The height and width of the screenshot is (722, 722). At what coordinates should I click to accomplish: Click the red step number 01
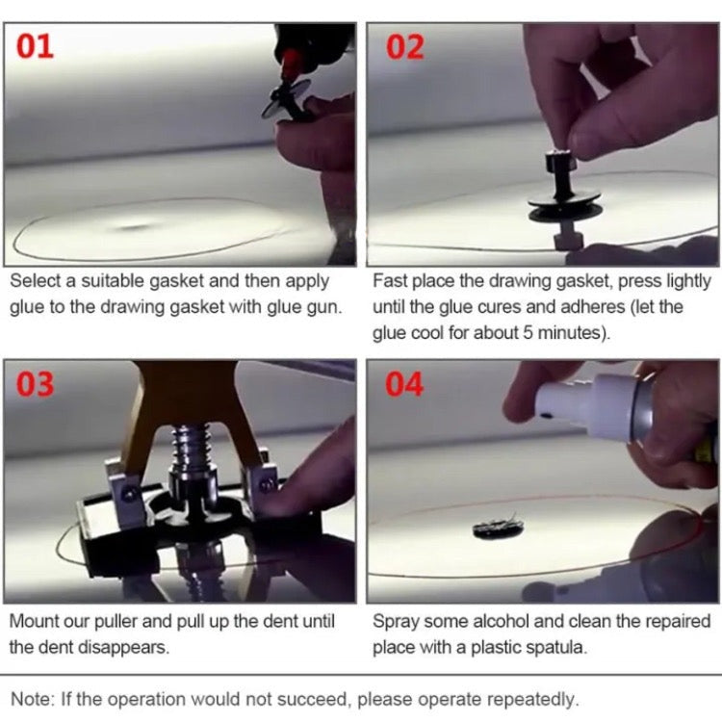point(35,46)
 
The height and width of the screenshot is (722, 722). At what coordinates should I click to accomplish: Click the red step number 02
point(404,47)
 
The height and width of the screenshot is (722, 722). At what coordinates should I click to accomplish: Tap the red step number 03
point(35,384)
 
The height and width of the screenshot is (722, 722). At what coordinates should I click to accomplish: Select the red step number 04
point(404,384)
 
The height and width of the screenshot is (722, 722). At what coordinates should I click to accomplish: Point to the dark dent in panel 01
point(136,227)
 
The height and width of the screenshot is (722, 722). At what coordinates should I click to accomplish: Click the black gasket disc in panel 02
point(565,205)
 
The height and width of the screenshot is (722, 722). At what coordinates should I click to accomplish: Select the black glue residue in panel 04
point(499,528)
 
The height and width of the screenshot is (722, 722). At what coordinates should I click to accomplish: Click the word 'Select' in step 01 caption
point(38,280)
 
